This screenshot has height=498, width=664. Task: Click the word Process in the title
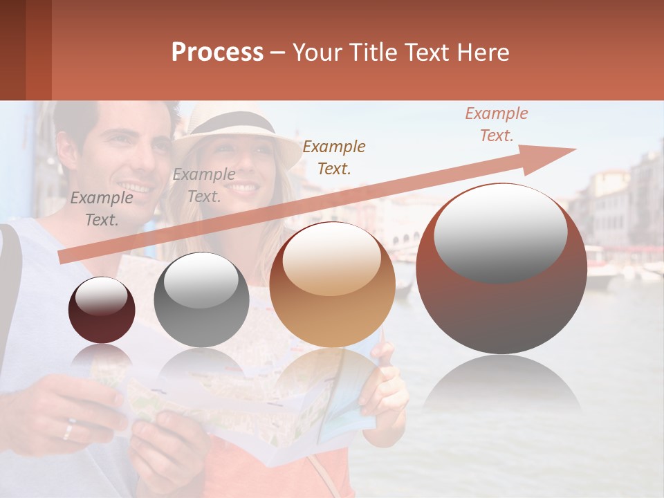(217, 53)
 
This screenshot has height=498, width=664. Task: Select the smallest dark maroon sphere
(102, 310)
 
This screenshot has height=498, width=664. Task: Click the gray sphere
(201, 299)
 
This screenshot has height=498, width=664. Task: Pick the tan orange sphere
(332, 284)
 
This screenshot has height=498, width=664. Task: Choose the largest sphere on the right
(501, 268)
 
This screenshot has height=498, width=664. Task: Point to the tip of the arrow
(574, 149)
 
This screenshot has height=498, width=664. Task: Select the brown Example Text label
(334, 157)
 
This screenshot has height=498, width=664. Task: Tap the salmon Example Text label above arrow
(497, 124)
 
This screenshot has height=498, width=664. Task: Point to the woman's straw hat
(235, 131)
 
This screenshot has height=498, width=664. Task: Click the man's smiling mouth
(136, 187)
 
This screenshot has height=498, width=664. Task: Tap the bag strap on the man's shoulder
(10, 290)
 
